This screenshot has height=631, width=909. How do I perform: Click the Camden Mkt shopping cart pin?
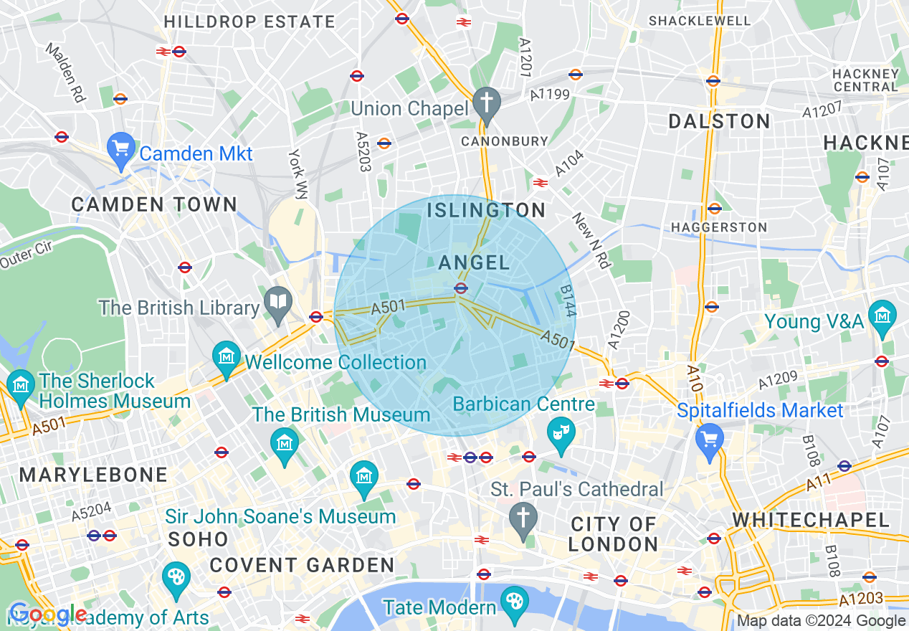point(120,148)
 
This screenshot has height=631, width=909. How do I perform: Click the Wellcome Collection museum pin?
point(227,356)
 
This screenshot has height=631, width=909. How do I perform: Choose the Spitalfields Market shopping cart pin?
point(710,437)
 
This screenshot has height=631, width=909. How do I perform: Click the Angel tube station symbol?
point(461,288)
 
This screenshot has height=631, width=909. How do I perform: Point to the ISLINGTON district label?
point(486,210)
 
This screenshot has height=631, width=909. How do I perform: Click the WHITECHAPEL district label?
point(810,519)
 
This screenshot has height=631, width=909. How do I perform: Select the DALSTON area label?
point(719,121)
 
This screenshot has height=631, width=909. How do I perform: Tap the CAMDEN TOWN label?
point(154,204)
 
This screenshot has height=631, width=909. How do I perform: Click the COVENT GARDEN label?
point(302,565)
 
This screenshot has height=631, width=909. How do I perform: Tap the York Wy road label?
point(298,173)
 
